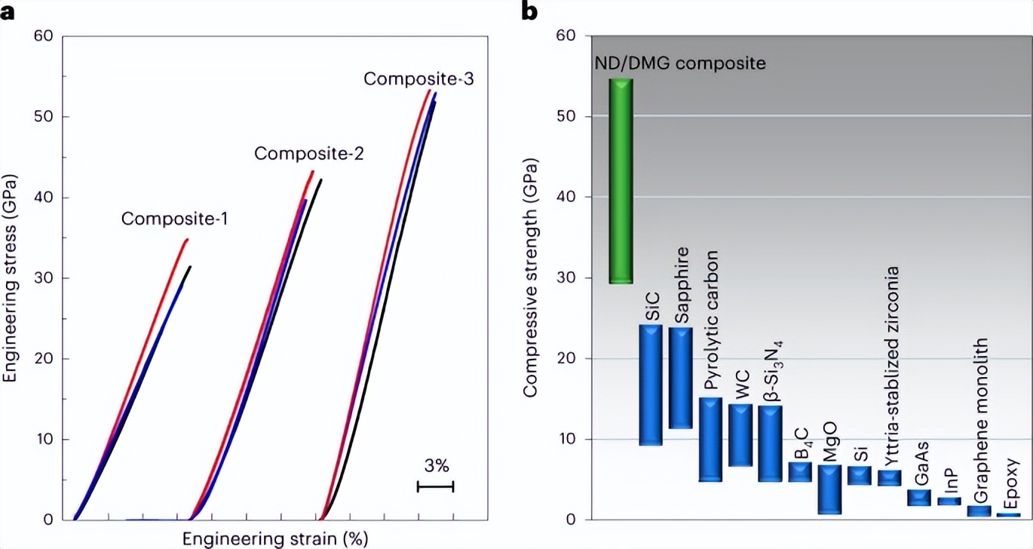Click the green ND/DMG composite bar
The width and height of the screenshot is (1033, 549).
621,181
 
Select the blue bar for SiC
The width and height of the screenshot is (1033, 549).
651,385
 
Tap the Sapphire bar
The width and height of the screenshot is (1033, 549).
681,377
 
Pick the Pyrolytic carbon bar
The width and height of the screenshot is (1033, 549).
711,439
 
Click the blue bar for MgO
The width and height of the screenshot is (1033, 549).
829,489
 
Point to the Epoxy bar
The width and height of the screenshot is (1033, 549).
1008,515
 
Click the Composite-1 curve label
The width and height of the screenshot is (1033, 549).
175,219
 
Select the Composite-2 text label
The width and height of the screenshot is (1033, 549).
309,155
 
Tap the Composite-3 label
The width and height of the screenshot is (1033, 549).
418,78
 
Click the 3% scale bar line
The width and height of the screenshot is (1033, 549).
436,487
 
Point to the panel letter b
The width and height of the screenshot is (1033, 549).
530,11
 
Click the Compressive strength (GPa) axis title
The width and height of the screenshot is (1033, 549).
530,285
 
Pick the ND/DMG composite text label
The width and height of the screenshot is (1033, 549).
680,63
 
